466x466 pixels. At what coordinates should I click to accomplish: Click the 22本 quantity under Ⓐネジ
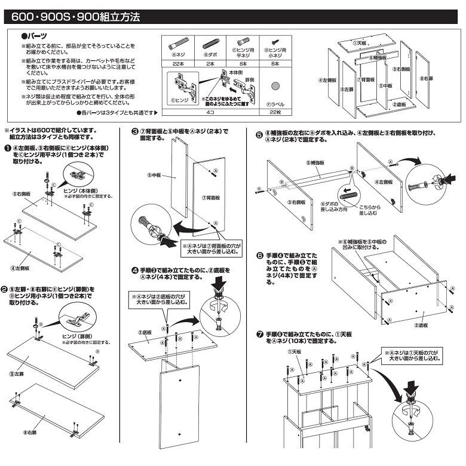tap(176, 63)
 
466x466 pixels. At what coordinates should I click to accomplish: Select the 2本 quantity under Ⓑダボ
tap(209, 63)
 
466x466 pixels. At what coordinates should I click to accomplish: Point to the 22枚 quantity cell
tap(275, 112)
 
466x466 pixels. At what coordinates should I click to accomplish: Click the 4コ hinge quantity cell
tap(209, 112)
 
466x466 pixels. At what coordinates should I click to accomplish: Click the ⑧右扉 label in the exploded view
tap(425, 78)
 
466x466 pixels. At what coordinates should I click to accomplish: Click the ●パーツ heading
tap(35, 36)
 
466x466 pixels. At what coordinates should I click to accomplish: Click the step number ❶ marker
tap(7, 148)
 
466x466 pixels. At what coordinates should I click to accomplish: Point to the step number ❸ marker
tap(135, 132)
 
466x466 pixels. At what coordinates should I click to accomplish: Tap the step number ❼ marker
tap(259, 333)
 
